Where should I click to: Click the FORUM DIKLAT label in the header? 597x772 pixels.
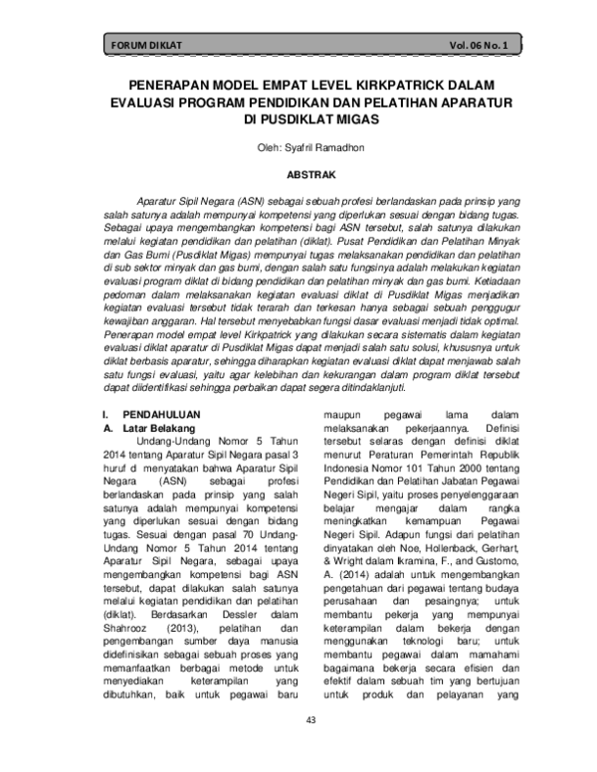tap(144, 46)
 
